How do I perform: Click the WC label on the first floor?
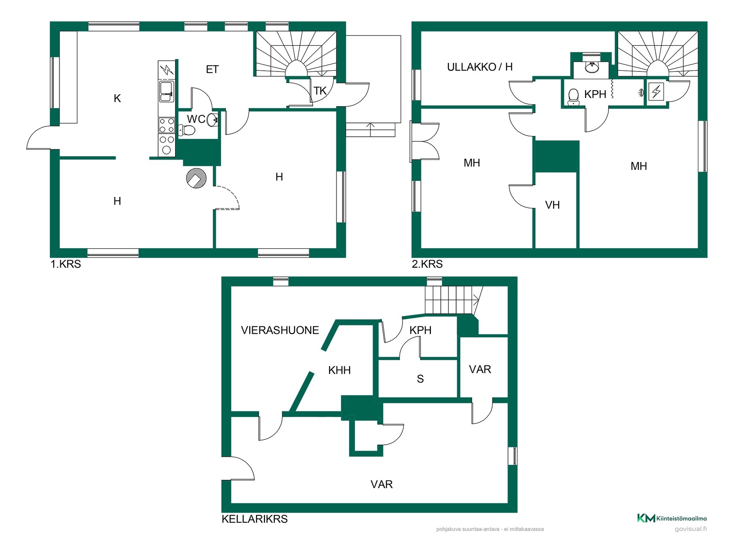[x=196, y=119]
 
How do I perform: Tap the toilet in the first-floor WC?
[x=187, y=130]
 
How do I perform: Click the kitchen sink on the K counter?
[x=167, y=91]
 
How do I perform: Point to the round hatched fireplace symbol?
[x=196, y=178]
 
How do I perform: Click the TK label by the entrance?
[x=320, y=91]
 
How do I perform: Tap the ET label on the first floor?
[x=212, y=70]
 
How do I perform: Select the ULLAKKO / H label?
[x=480, y=67]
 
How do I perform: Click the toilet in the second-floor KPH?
[x=573, y=97]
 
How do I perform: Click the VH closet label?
[x=552, y=205]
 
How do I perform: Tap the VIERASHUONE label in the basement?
[x=280, y=330]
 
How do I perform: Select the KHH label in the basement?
[x=339, y=370]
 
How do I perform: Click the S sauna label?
[x=420, y=379]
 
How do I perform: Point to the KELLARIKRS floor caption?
[x=255, y=519]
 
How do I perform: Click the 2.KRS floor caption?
[x=427, y=264]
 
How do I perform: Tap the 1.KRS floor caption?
[x=66, y=264]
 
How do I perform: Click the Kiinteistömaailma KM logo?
[x=672, y=518]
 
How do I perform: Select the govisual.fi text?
[x=690, y=529]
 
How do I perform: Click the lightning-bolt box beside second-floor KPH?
[x=656, y=92]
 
